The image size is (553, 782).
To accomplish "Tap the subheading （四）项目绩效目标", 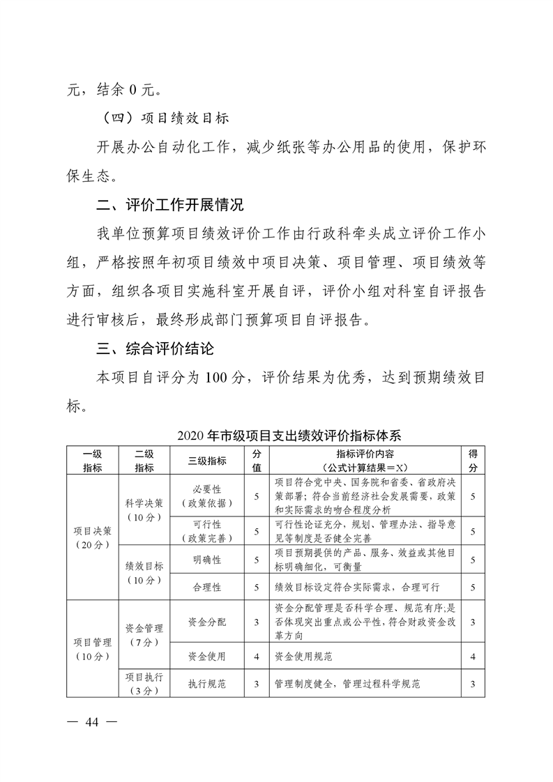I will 165,119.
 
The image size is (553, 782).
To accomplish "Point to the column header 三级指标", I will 207,461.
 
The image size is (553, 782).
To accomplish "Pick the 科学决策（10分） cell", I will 144,509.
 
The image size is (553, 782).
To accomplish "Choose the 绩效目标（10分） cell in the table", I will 144,572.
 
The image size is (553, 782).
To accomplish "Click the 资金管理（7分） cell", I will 144,634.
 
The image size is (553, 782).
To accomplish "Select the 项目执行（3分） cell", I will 144,683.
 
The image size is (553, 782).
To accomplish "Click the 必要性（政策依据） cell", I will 207,496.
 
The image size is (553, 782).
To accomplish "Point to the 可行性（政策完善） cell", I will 207,530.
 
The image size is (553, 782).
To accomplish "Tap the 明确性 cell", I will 207,559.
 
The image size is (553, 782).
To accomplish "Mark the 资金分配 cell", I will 207,622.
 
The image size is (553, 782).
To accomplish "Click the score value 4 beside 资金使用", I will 257,656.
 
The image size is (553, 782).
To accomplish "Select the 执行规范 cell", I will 207,684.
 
